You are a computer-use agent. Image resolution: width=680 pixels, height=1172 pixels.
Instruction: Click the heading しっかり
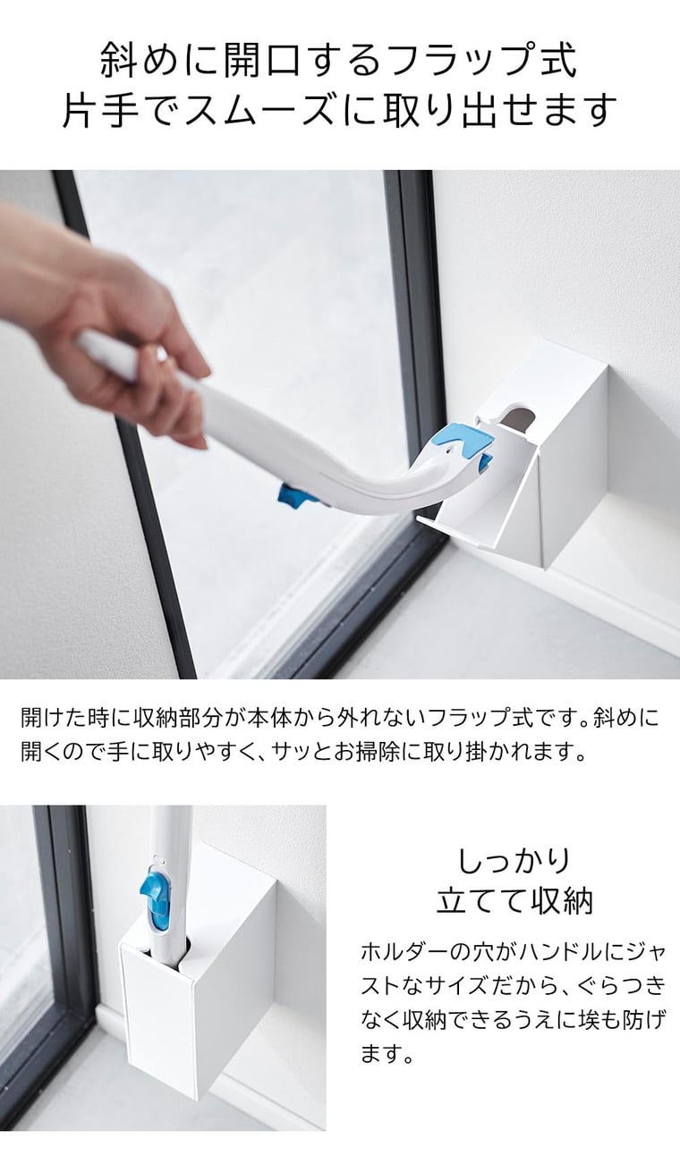(x=514, y=861)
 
